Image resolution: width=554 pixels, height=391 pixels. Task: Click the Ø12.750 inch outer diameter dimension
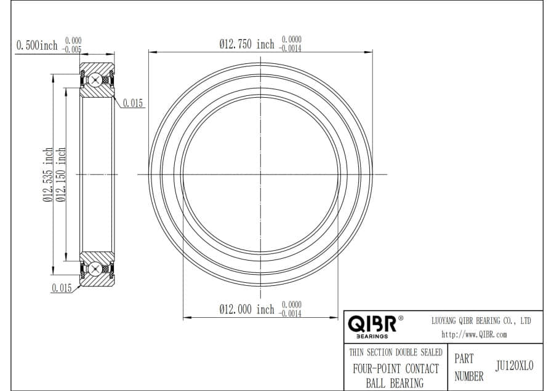tap(247, 44)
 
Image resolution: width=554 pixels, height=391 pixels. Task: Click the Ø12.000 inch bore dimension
tap(247, 309)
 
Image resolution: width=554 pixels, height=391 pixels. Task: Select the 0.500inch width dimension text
tap(37, 45)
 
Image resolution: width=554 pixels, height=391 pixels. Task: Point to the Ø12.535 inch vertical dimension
tap(47, 175)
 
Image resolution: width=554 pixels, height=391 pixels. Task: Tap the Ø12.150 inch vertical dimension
tap(61, 175)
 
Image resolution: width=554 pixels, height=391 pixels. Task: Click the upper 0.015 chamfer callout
tap(133, 103)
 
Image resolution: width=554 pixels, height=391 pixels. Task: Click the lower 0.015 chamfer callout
tap(62, 288)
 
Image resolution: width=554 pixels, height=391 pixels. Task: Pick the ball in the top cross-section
tap(95, 80)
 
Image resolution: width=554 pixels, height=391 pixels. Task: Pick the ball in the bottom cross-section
tap(95, 269)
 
